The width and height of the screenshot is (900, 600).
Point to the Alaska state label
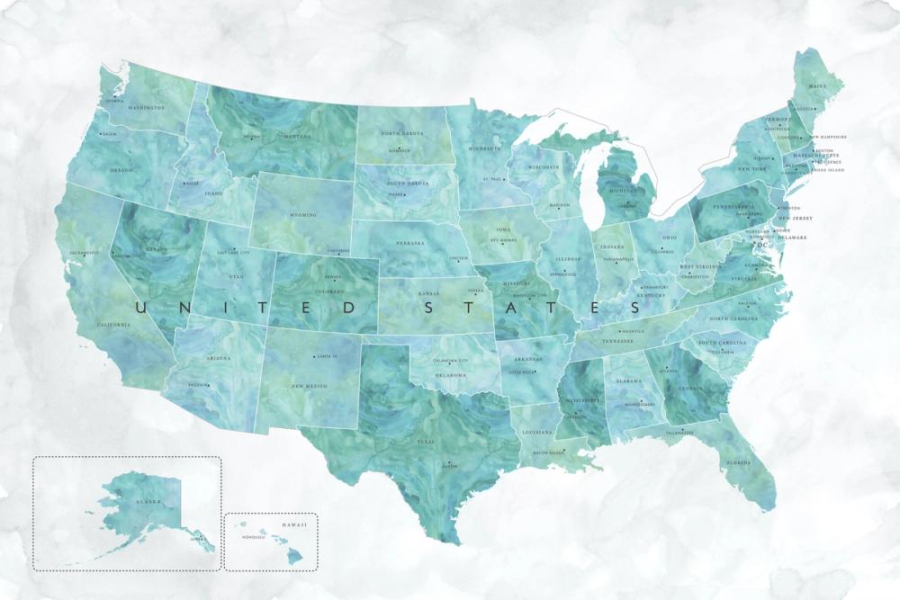[148, 501]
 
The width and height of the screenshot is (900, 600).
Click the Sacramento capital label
[82, 253]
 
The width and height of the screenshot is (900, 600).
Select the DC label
[763, 245]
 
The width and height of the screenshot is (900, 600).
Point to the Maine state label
[817, 86]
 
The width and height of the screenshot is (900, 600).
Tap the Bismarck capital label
[400, 150]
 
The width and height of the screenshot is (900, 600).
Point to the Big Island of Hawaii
[294, 558]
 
